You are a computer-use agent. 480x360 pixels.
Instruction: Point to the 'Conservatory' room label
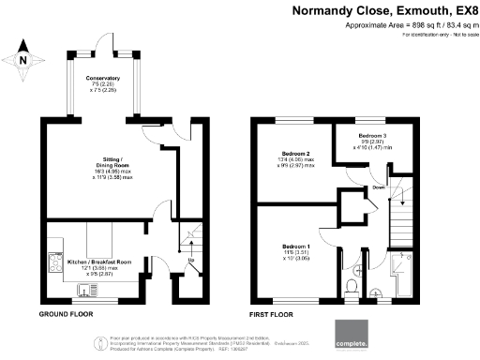tap(102, 79)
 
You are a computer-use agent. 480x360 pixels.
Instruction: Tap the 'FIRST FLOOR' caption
tap(269, 314)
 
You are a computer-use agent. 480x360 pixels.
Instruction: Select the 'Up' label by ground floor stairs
tap(191, 260)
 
